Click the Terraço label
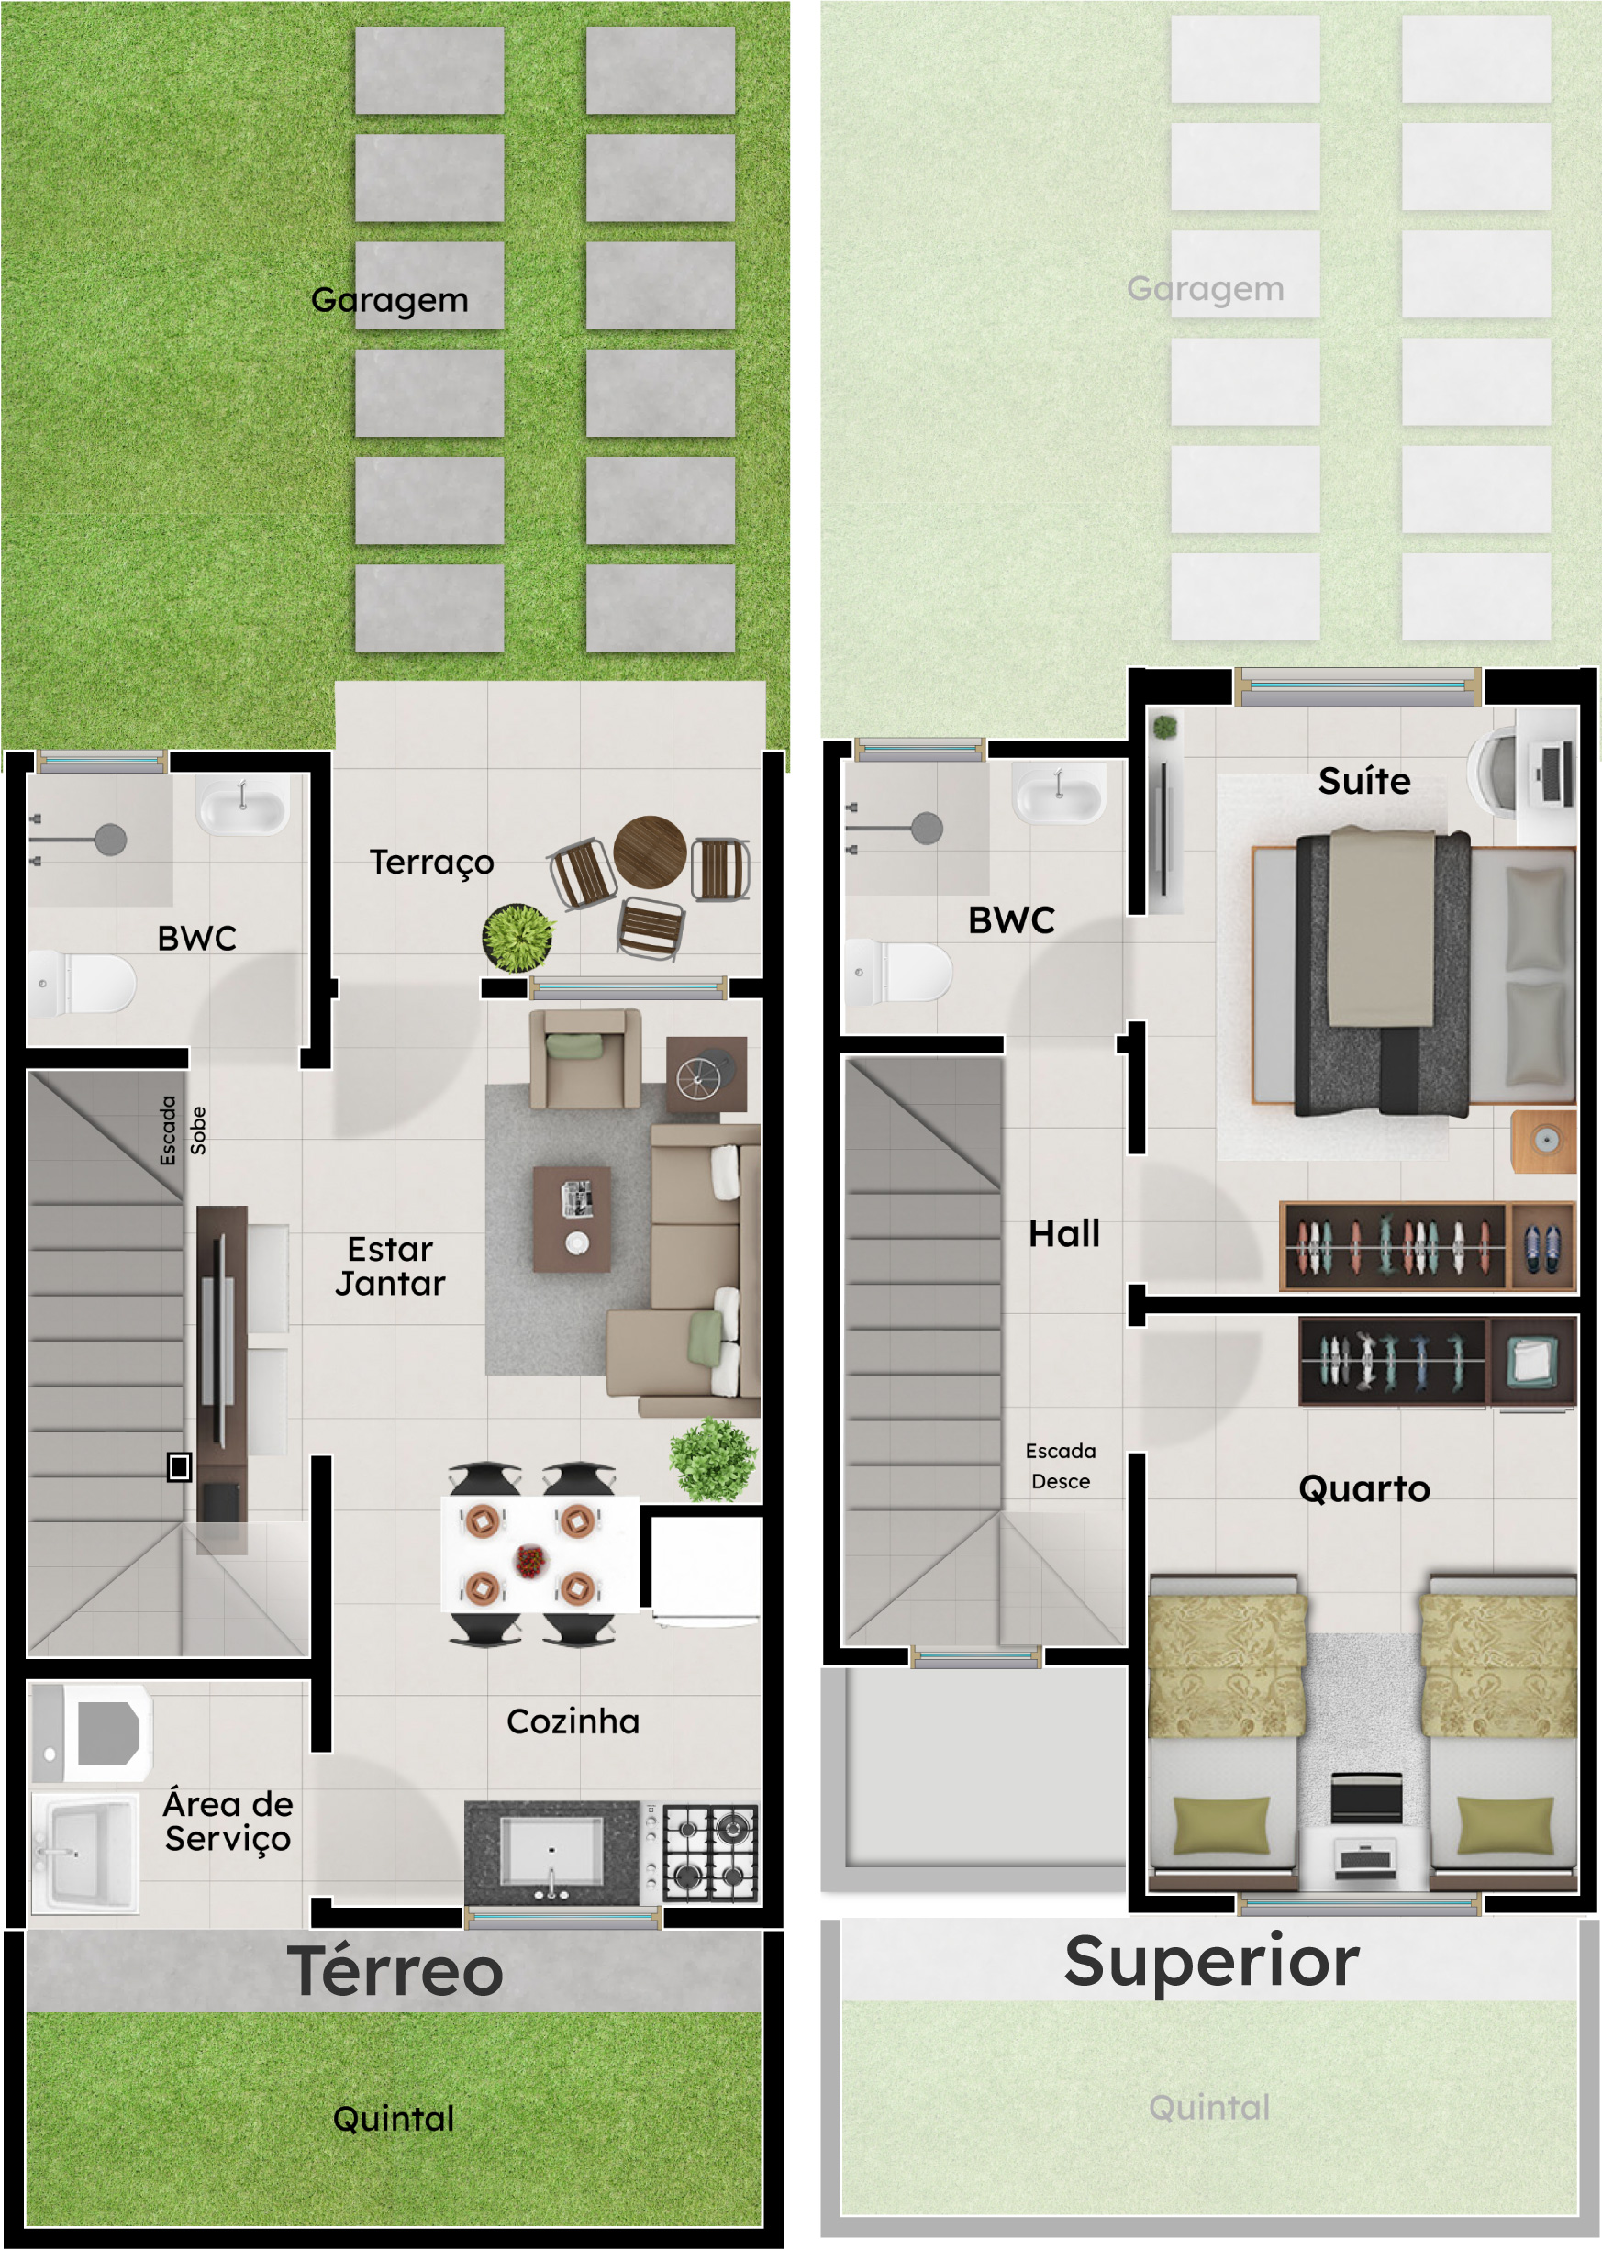pos(431,863)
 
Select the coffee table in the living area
pos(571,1219)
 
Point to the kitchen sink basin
pos(551,1852)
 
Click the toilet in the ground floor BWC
pos(81,983)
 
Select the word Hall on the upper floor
pos(1063,1233)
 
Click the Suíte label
pos(1364,780)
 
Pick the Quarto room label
pos(1363,1487)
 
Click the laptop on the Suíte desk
pos(1552,774)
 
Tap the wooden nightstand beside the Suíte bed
pos(1544,1142)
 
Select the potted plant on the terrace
pos(517,938)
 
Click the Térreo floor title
pos(395,1971)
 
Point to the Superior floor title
pos(1211,1961)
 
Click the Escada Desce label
pos(1061,1465)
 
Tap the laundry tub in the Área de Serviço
pos(86,1853)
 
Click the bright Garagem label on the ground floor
pos(390,299)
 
